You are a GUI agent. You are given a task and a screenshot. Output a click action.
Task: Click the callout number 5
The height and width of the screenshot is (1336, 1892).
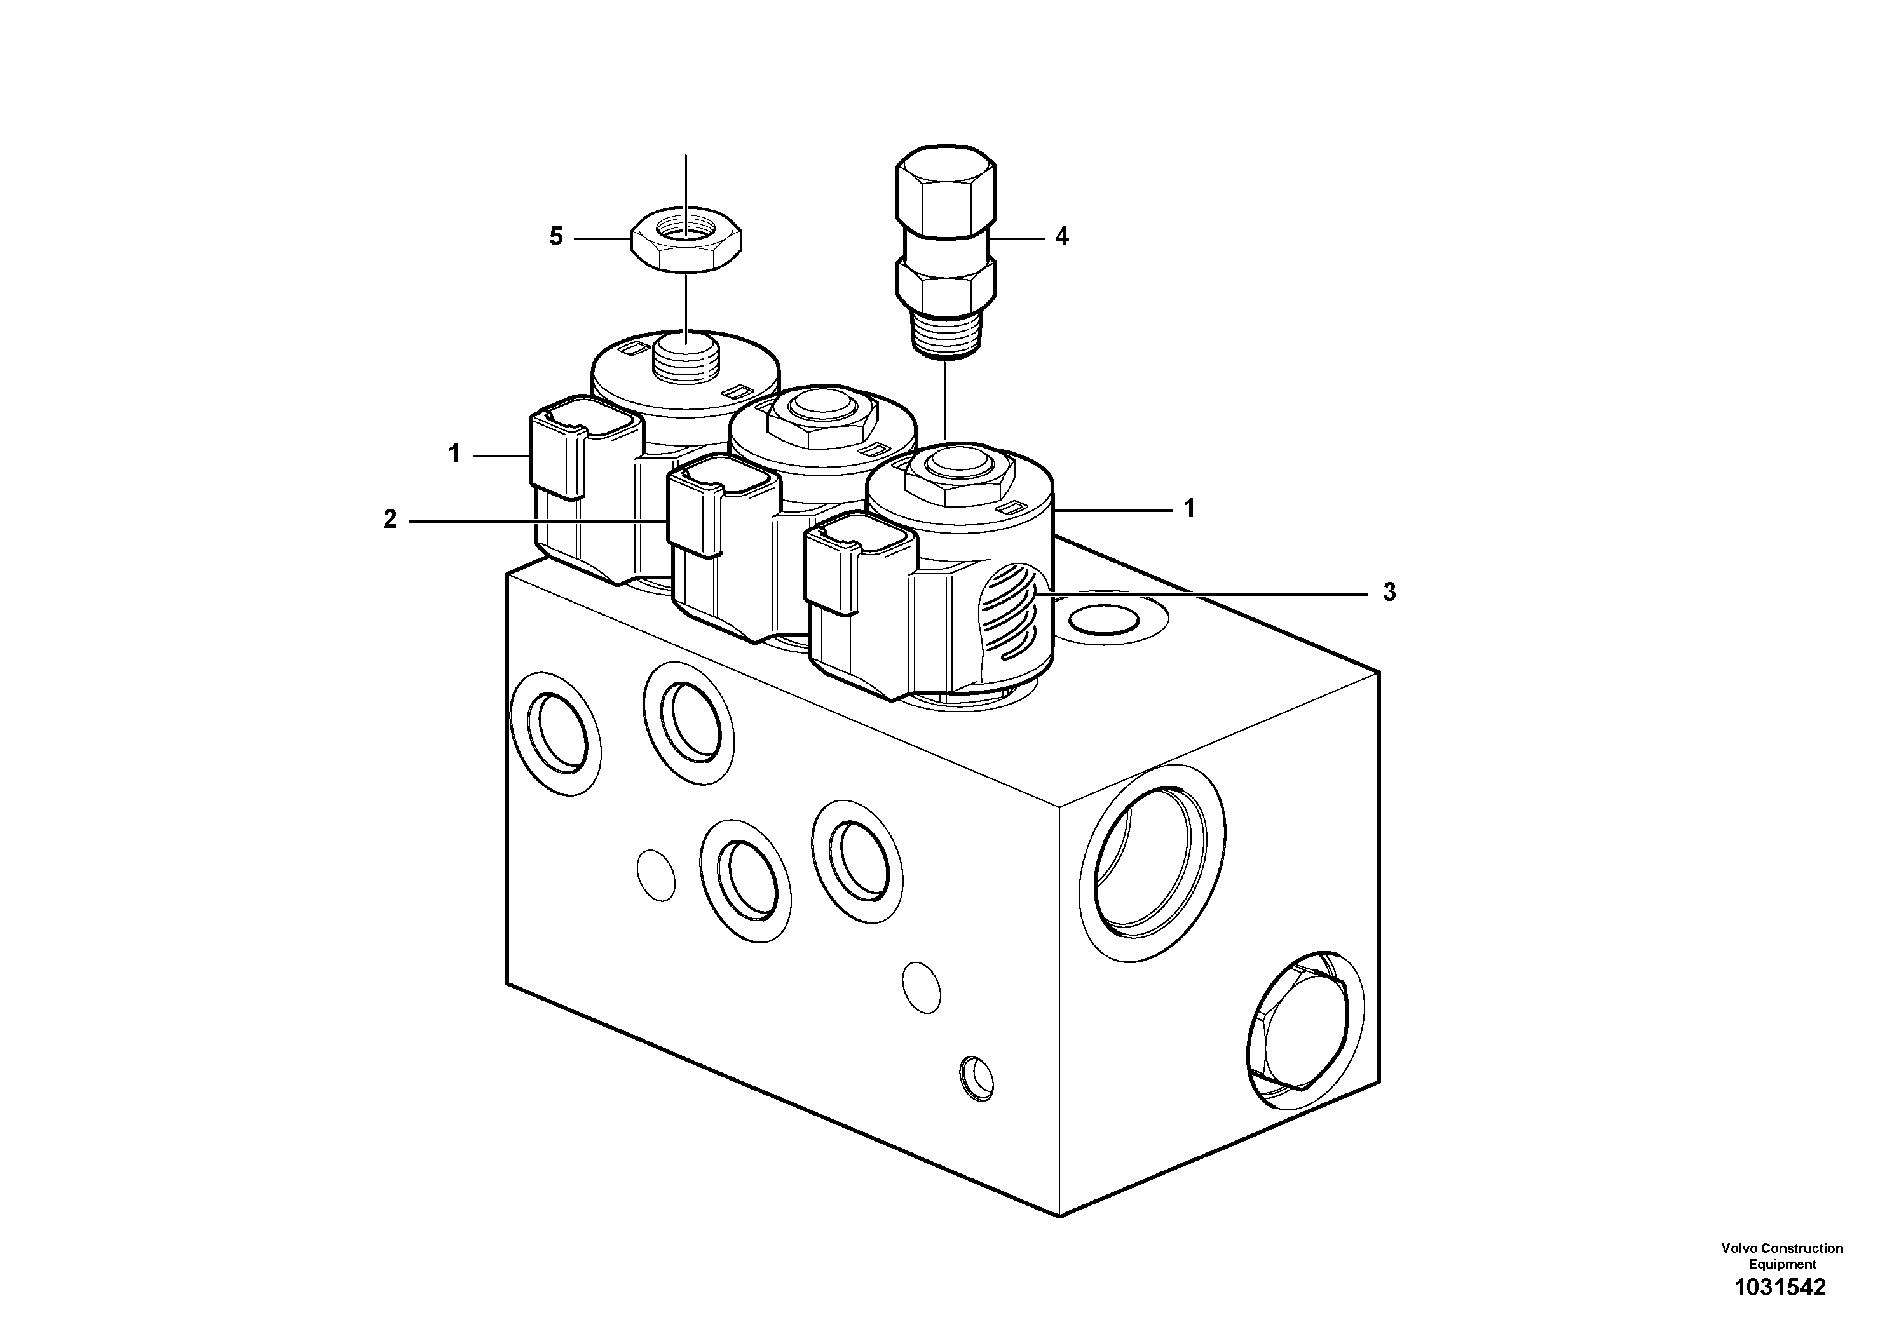[556, 237]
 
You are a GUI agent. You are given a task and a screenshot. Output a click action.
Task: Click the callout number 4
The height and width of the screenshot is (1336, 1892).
[1062, 237]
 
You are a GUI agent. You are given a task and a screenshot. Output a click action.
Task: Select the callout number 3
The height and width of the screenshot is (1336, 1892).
[1389, 592]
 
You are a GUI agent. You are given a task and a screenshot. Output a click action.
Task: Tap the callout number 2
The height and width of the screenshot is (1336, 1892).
[390, 520]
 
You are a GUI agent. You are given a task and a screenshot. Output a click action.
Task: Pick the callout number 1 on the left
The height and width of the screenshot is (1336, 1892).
[454, 454]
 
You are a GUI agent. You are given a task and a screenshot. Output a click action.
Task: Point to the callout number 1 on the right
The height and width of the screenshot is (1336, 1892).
[1189, 509]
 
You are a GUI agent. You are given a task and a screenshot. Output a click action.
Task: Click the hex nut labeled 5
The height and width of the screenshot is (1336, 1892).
[686, 240]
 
